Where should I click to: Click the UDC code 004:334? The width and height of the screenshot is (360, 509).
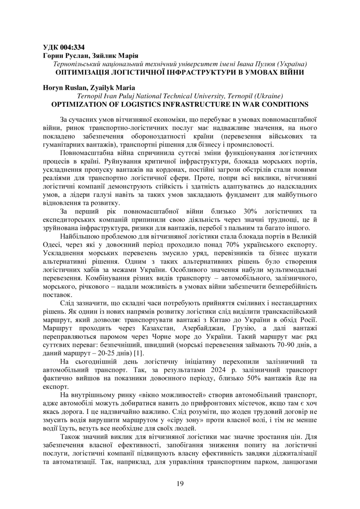(71, 47)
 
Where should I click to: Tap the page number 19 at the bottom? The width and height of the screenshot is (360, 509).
(180, 483)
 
